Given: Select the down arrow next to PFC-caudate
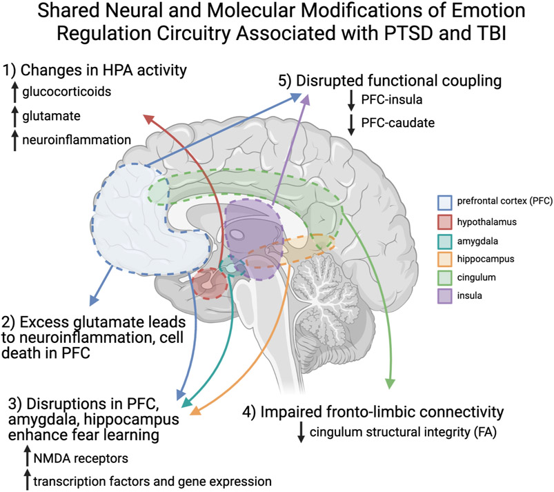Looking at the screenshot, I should click(x=352, y=125).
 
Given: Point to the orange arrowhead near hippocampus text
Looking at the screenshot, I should click(x=196, y=412).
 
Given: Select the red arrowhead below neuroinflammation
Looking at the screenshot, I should click(x=147, y=119).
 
